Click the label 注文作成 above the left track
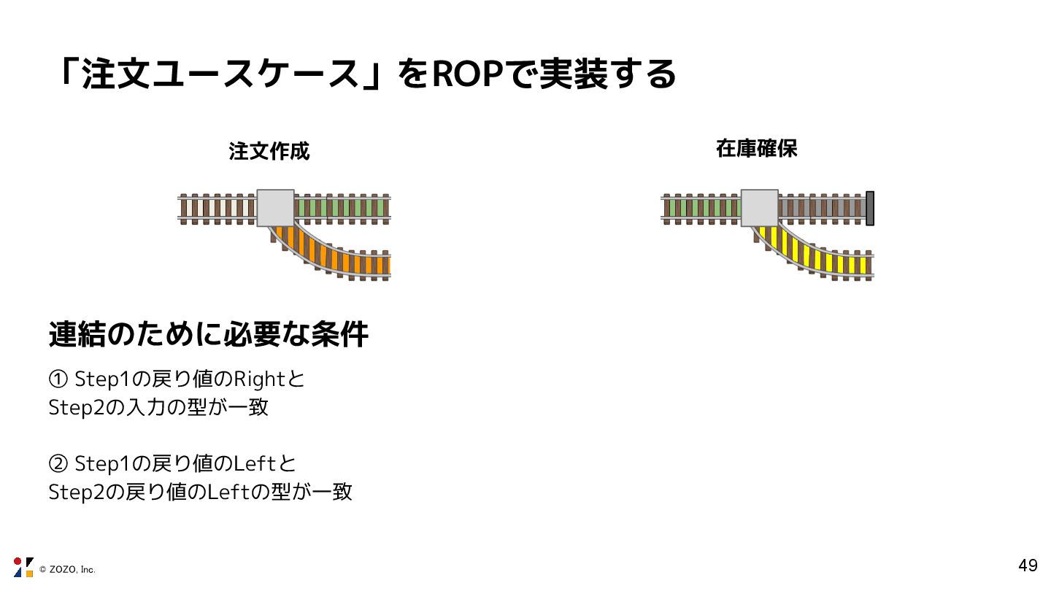pyautogui.click(x=269, y=151)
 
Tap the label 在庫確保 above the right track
pyautogui.click(x=757, y=149)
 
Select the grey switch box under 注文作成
pyautogui.click(x=276, y=208)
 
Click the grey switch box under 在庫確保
pyautogui.click(x=760, y=208)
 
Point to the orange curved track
pyautogui.click(x=343, y=255)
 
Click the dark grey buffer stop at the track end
pyautogui.click(x=869, y=208)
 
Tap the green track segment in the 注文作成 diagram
pyautogui.click(x=342, y=208)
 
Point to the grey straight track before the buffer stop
pyautogui.click(x=821, y=208)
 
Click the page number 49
pyautogui.click(x=1028, y=565)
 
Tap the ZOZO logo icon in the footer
pyautogui.click(x=23, y=567)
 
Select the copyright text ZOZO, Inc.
pyautogui.click(x=67, y=569)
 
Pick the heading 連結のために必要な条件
pyautogui.click(x=209, y=335)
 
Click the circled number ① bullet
pyautogui.click(x=58, y=379)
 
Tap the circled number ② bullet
pyautogui.click(x=58, y=464)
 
